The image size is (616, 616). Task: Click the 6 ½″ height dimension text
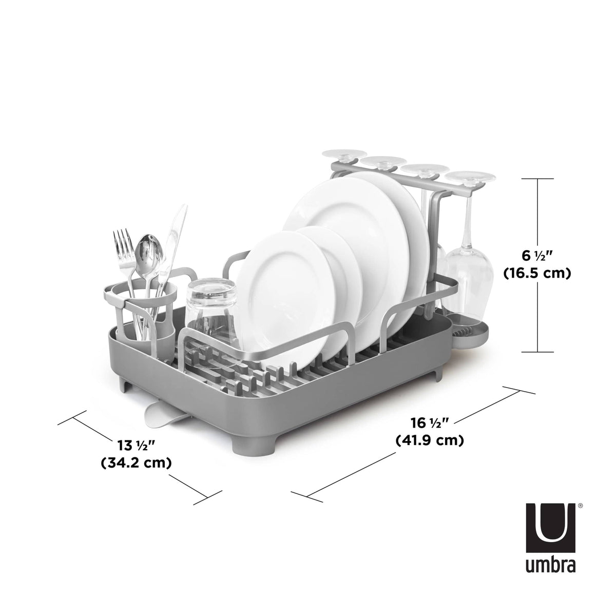pyautogui.click(x=536, y=254)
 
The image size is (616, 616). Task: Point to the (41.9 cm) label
pyautogui.click(x=430, y=440)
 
